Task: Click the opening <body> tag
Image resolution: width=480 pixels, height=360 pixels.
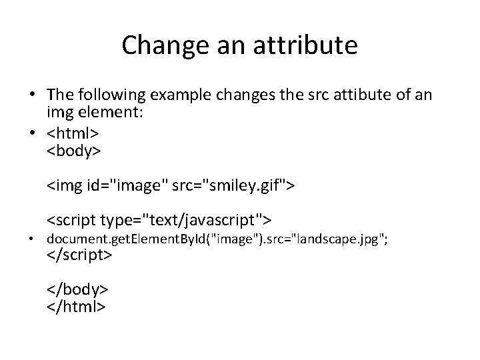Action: (x=73, y=151)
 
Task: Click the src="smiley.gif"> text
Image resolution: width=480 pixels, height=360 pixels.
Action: (x=232, y=185)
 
